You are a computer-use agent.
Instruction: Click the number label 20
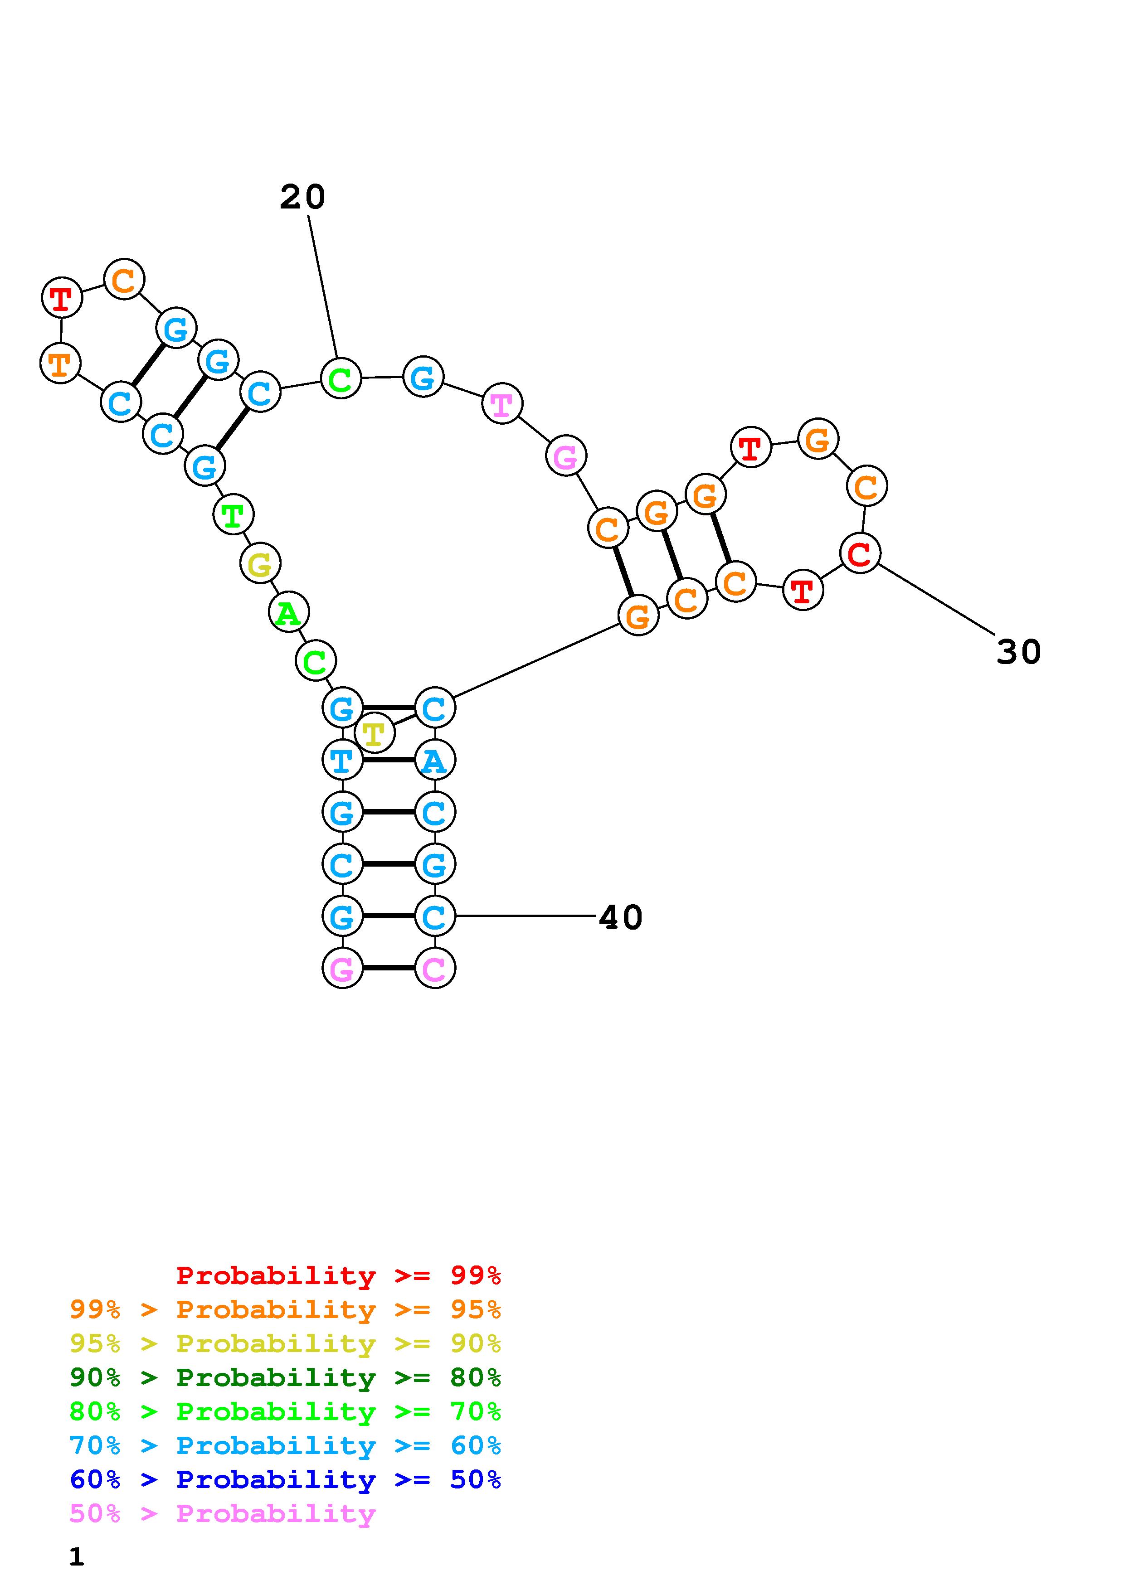302,197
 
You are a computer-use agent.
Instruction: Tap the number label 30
1018,652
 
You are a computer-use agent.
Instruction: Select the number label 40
621,917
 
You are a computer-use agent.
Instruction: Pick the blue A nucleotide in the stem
434,761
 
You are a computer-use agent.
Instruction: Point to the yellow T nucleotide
374,732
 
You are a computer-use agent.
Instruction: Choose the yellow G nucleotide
260,564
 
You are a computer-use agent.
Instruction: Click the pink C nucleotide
434,968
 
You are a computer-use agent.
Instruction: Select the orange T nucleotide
61,363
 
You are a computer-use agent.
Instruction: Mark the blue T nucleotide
342,761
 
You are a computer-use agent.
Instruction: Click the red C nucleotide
860,553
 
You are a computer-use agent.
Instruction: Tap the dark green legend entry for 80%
285,1378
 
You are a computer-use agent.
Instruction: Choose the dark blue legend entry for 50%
285,1480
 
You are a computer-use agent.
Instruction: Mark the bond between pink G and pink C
389,968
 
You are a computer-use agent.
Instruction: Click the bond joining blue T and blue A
389,761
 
